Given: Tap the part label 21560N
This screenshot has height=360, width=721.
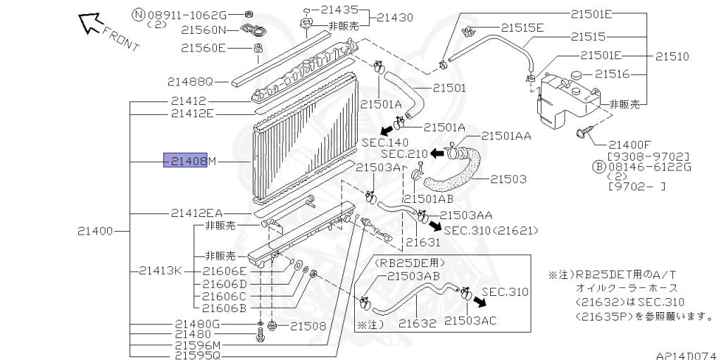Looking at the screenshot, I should point(203,30).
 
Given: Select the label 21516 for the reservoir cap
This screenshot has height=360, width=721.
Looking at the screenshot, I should point(616,73).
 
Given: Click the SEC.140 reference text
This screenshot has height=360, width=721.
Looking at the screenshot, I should point(385,142).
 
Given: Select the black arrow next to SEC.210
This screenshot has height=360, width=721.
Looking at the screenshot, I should point(438,152).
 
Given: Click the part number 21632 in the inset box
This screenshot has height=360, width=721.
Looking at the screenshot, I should point(418,323).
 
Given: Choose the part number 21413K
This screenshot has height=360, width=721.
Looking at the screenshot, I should point(161,270).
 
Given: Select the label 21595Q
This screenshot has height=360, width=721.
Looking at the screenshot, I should point(199,356).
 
